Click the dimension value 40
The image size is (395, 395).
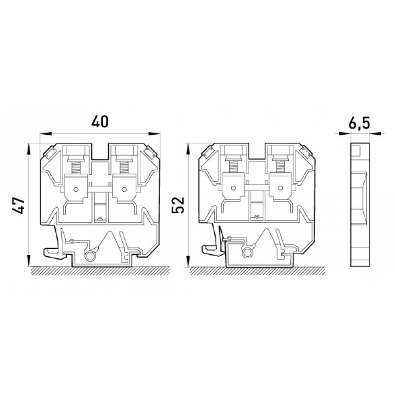pyautogui.click(x=100, y=121)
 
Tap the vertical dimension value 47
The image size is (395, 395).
pyautogui.click(x=19, y=205)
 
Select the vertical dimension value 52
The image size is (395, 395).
pyautogui.click(x=178, y=205)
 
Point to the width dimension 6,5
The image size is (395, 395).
pyautogui.click(x=359, y=123)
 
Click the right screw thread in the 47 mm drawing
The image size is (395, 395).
pyautogui.click(x=123, y=167)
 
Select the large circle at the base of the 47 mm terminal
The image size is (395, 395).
pyautogui.click(x=90, y=256)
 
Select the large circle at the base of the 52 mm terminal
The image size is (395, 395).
pyautogui.click(x=247, y=253)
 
